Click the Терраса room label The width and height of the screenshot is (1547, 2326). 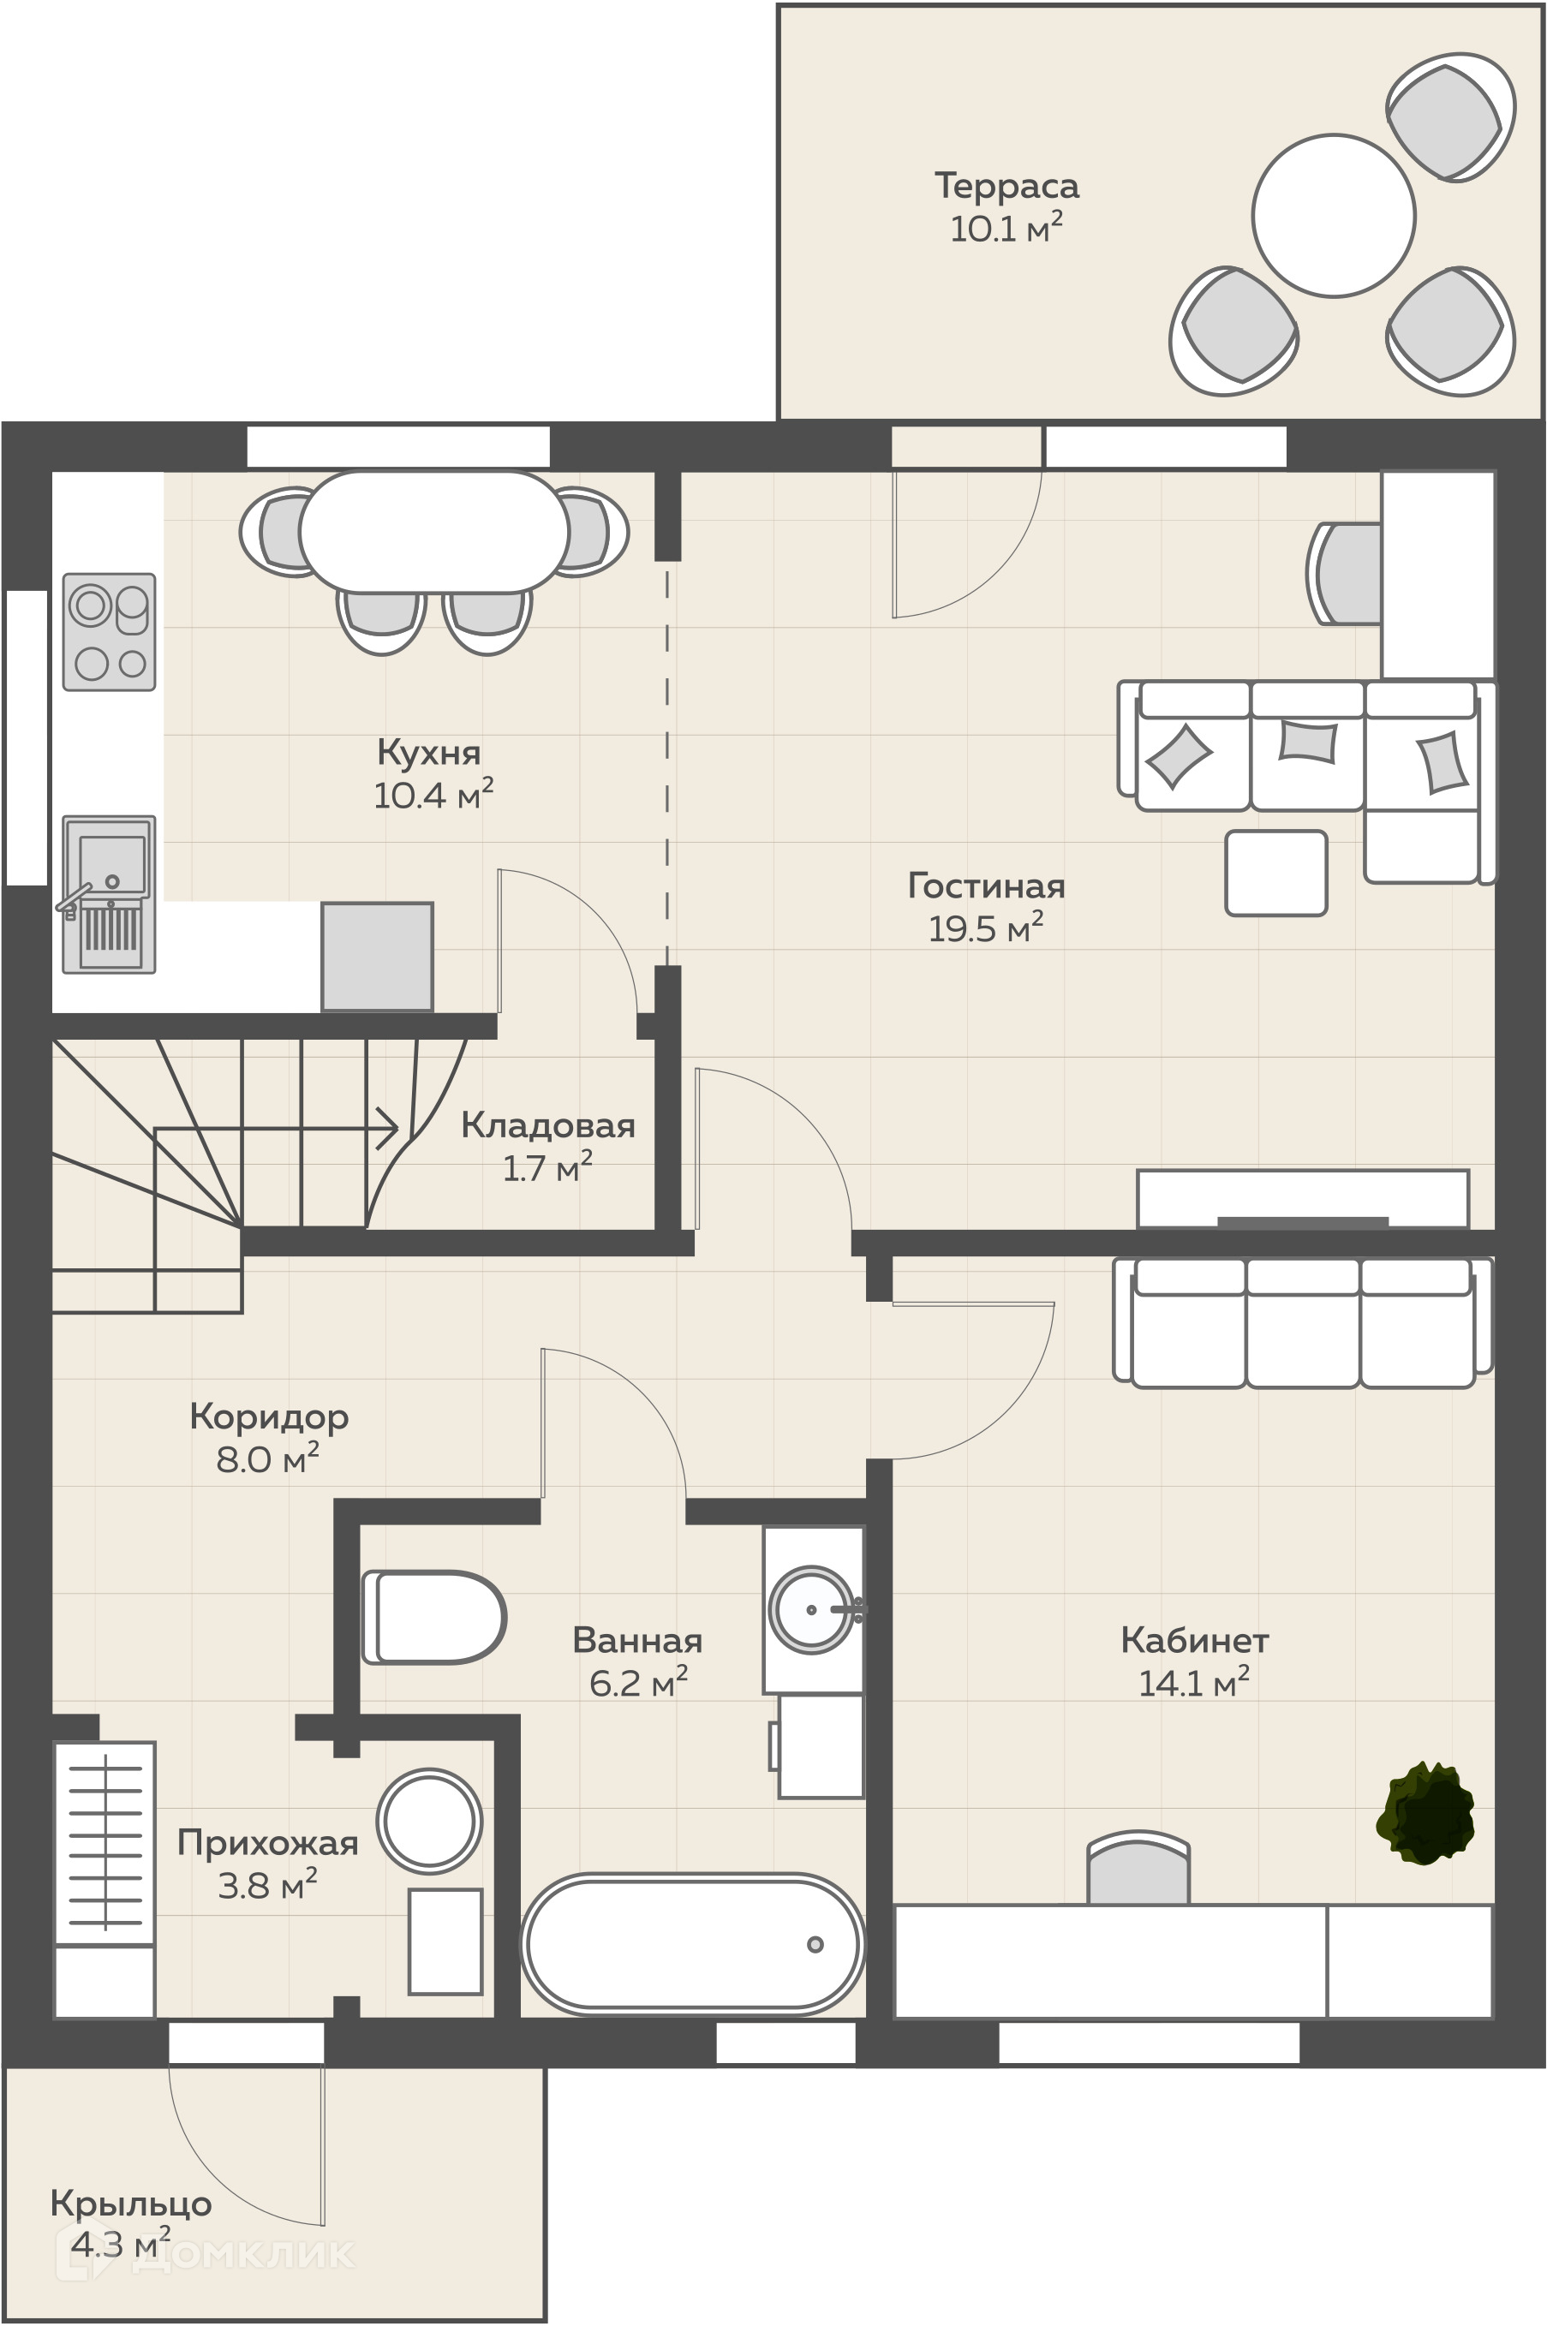tap(1006, 186)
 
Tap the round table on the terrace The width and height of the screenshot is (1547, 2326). tap(1334, 215)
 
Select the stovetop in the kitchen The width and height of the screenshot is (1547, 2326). tap(110, 631)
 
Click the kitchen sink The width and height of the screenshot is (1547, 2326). tap(109, 894)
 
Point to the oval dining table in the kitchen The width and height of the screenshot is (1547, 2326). tap(434, 532)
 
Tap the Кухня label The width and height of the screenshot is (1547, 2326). tap(429, 752)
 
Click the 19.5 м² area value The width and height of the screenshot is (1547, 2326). tap(986, 927)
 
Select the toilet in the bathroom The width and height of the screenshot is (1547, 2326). tap(434, 1617)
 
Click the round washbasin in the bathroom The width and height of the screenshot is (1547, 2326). tap(812, 1609)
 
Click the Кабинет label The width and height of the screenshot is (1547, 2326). tap(1194, 1639)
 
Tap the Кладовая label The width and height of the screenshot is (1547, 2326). tap(547, 1124)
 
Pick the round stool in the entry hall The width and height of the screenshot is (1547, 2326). tap(429, 1821)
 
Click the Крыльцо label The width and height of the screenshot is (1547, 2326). tap(131, 2204)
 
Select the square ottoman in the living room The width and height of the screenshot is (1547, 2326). tap(1275, 873)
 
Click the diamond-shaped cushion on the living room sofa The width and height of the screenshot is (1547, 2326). tap(1179, 756)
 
